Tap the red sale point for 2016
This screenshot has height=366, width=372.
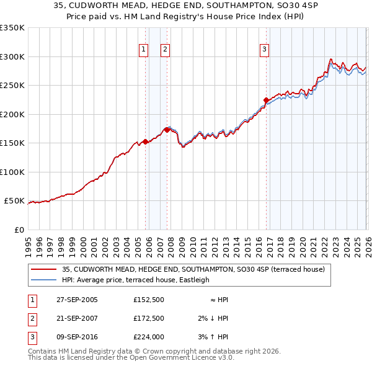pyautogui.click(x=266, y=100)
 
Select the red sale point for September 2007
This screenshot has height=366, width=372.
pyautogui.click(x=167, y=130)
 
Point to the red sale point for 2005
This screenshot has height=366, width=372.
pyautogui.click(x=145, y=141)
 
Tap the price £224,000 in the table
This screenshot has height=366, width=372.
pyautogui.click(x=148, y=337)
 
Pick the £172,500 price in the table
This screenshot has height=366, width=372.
pyautogui.click(x=148, y=318)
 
